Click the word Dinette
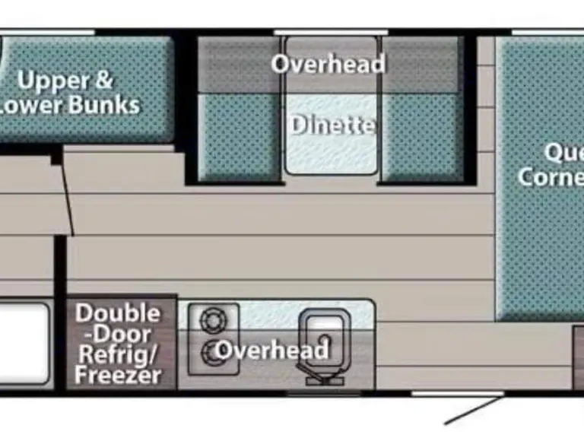pos(332,124)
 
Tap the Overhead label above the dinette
pos(328,64)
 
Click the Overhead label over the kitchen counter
pos(271,350)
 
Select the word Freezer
pos(118,375)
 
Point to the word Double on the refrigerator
pos(118,313)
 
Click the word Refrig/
pos(118,354)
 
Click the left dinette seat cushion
pos(239,137)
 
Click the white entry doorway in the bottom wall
pos(457,393)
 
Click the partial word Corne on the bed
pos(551,177)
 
